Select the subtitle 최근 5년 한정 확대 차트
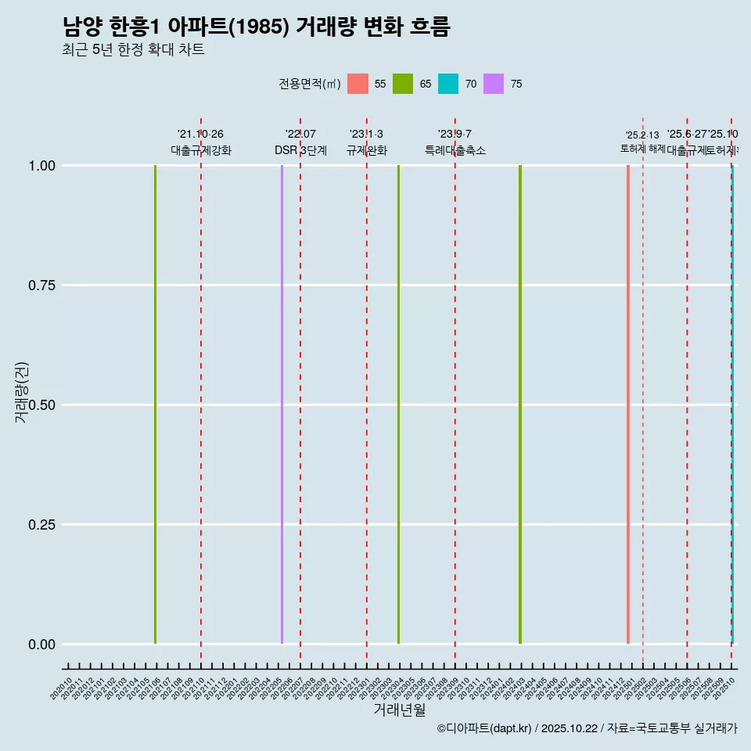click(x=133, y=50)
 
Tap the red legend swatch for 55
click(x=358, y=84)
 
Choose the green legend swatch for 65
click(x=403, y=84)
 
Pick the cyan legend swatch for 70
click(x=448, y=84)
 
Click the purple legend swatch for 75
click(x=494, y=84)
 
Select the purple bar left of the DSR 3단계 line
click(x=282, y=404)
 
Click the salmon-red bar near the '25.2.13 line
click(x=628, y=404)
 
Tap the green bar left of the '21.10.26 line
click(x=155, y=404)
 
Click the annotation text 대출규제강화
click(x=201, y=150)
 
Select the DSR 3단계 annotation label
click(x=300, y=150)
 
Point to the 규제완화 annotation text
click(x=366, y=150)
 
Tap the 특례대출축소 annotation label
click(x=455, y=150)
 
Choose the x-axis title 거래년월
click(x=399, y=710)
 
